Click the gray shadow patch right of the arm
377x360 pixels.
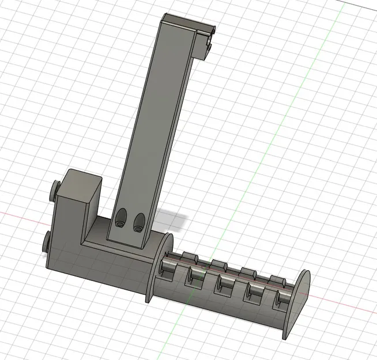click(x=172, y=219)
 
